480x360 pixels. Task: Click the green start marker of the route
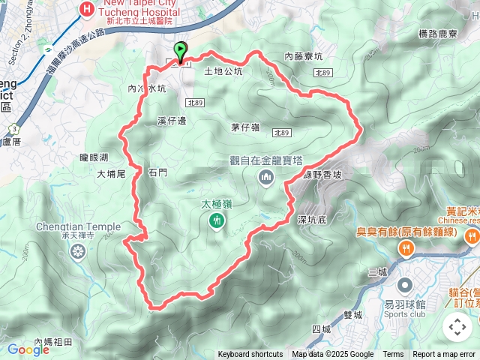[x=181, y=50]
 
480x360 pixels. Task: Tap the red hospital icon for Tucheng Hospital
[x=88, y=10]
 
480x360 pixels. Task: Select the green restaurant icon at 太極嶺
[x=217, y=220]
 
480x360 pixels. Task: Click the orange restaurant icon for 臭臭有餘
[x=406, y=248]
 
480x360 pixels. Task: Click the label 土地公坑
[x=223, y=73]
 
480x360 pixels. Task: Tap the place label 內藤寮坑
[x=304, y=56]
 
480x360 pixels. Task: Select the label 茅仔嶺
[x=245, y=127]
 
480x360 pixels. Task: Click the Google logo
[x=28, y=349]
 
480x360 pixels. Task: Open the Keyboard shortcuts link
[x=250, y=355]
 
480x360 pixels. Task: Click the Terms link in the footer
[x=393, y=355]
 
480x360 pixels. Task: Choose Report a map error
[x=444, y=355]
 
